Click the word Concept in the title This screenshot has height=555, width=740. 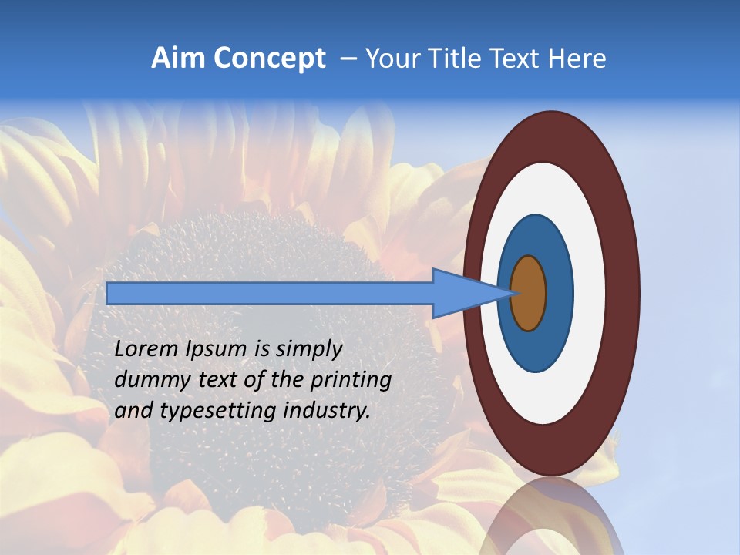pyautogui.click(x=269, y=59)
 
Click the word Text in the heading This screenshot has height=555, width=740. pyautogui.click(x=520, y=59)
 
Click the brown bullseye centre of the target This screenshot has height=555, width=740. pyautogui.click(x=529, y=293)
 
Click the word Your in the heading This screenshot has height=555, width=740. pyautogui.click(x=390, y=59)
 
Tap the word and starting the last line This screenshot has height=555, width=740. pyautogui.click(x=133, y=411)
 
